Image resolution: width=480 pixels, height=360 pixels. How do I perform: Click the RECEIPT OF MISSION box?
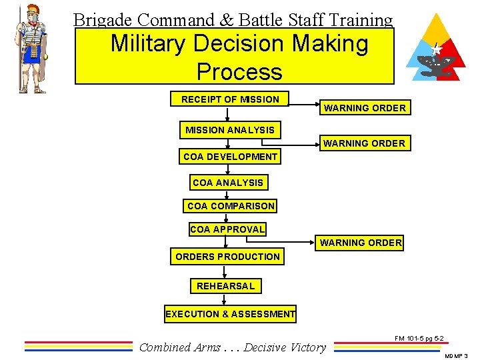click(x=230, y=99)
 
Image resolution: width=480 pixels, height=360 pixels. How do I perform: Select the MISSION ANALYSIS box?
click(x=230, y=130)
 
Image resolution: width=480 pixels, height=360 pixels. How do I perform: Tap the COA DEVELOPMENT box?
click(x=230, y=157)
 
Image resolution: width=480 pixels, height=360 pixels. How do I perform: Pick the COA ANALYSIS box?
click(x=227, y=183)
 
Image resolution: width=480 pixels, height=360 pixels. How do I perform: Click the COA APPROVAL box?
click(x=227, y=229)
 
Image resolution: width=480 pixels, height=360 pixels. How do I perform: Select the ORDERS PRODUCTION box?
click(x=227, y=257)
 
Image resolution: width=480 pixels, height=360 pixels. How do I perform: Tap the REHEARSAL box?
click(x=225, y=286)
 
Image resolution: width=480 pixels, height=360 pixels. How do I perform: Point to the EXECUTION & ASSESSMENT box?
click(x=231, y=314)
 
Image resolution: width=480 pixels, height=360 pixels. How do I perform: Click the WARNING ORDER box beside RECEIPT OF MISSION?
click(x=365, y=108)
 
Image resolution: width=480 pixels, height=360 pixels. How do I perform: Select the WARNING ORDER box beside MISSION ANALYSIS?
click(x=364, y=143)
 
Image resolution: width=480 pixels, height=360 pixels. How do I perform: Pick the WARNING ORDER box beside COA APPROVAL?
click(x=361, y=243)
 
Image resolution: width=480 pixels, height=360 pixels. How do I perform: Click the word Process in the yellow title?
click(x=239, y=71)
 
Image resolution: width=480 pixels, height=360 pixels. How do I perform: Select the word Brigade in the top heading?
click(x=101, y=21)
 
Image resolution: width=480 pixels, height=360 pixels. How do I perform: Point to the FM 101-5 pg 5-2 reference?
click(x=419, y=339)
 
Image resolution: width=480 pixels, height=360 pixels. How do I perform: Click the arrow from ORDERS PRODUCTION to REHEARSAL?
click(x=225, y=271)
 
